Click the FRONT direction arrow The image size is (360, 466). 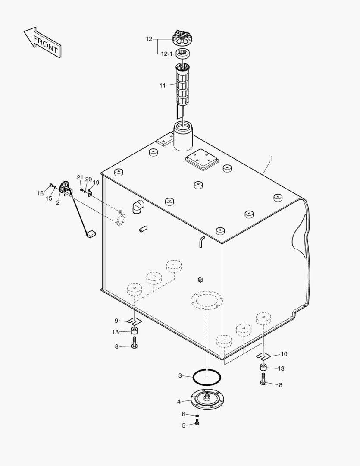tap(42, 42)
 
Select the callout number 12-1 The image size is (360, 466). tap(167, 54)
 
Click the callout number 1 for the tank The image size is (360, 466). tap(272, 159)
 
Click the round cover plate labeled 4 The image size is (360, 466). tap(207, 398)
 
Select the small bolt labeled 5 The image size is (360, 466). tap(197, 423)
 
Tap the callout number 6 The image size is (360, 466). tap(184, 414)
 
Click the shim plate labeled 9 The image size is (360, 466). tap(135, 321)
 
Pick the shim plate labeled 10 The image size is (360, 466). tap(263, 356)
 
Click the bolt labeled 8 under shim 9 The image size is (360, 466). tap(134, 344)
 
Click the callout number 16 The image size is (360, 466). tap(40, 193)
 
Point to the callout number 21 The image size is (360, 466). tap(80, 178)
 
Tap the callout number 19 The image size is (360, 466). tap(96, 183)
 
